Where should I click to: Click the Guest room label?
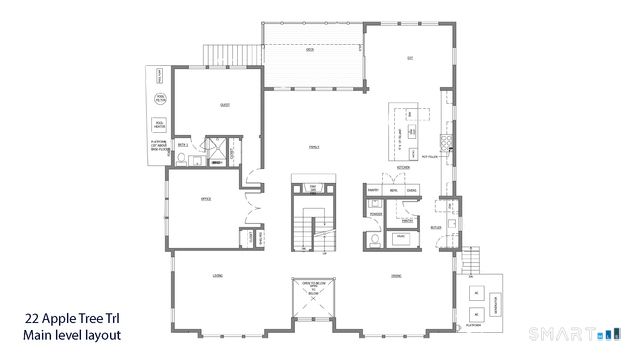(225, 104)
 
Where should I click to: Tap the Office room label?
(206, 200)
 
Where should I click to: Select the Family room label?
(312, 146)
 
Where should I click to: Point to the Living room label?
(217, 275)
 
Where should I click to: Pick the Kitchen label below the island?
(404, 168)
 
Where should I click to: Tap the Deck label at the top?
(311, 48)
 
